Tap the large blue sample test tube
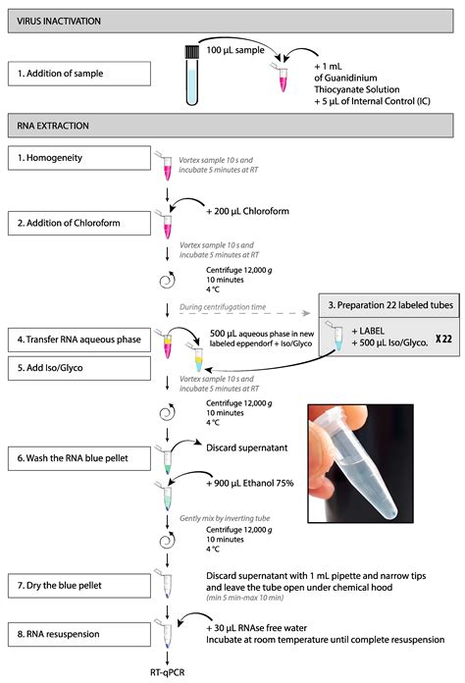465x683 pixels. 191,75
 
